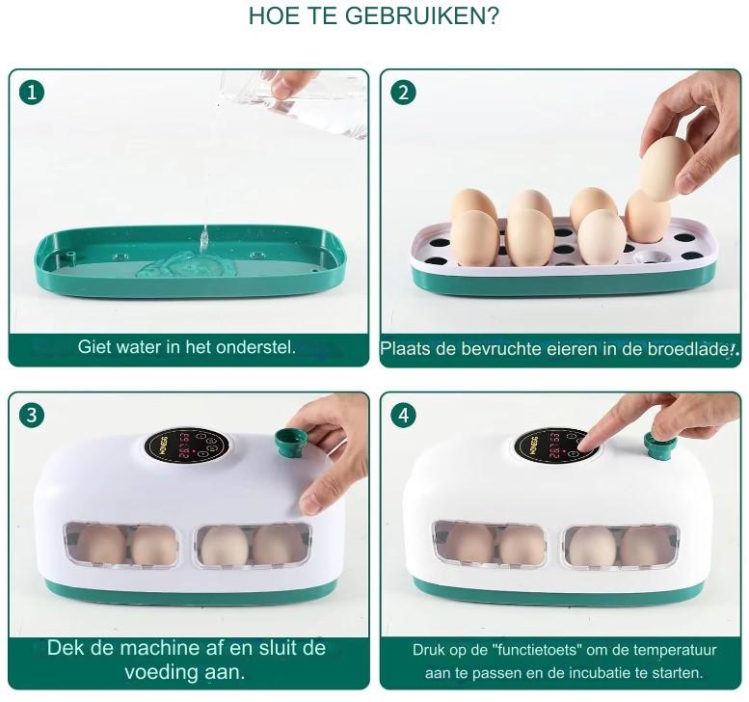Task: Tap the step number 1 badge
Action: pyautogui.click(x=32, y=92)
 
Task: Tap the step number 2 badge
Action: pyautogui.click(x=403, y=93)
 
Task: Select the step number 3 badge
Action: pyautogui.click(x=32, y=415)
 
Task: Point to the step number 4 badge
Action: pyautogui.click(x=404, y=416)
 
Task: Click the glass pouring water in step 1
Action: pyautogui.click(x=292, y=104)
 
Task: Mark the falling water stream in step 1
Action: pyautogui.click(x=204, y=238)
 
